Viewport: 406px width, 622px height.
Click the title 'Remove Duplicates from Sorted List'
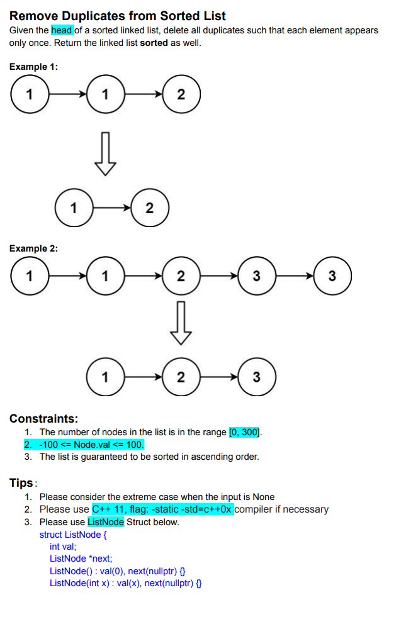tap(118, 16)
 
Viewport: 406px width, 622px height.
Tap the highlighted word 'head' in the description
tap(62, 30)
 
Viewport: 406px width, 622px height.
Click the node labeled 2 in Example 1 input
tap(181, 95)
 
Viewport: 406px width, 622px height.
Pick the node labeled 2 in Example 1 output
tap(149, 209)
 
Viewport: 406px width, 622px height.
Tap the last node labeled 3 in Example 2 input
tap(332, 276)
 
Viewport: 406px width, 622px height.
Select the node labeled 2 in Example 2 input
tap(181, 276)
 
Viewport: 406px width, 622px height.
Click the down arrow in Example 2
tap(181, 322)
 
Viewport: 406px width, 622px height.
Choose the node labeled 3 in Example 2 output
tap(257, 377)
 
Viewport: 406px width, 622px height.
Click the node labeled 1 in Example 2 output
tap(105, 377)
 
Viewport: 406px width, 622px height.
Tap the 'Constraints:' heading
tap(43, 418)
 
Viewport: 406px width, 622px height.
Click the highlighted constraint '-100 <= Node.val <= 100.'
tap(91, 445)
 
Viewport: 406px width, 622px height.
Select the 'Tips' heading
tap(21, 483)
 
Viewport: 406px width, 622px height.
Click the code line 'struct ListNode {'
tap(74, 535)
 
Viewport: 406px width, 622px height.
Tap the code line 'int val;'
tap(62, 547)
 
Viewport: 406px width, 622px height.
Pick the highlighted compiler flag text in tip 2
tap(162, 509)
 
